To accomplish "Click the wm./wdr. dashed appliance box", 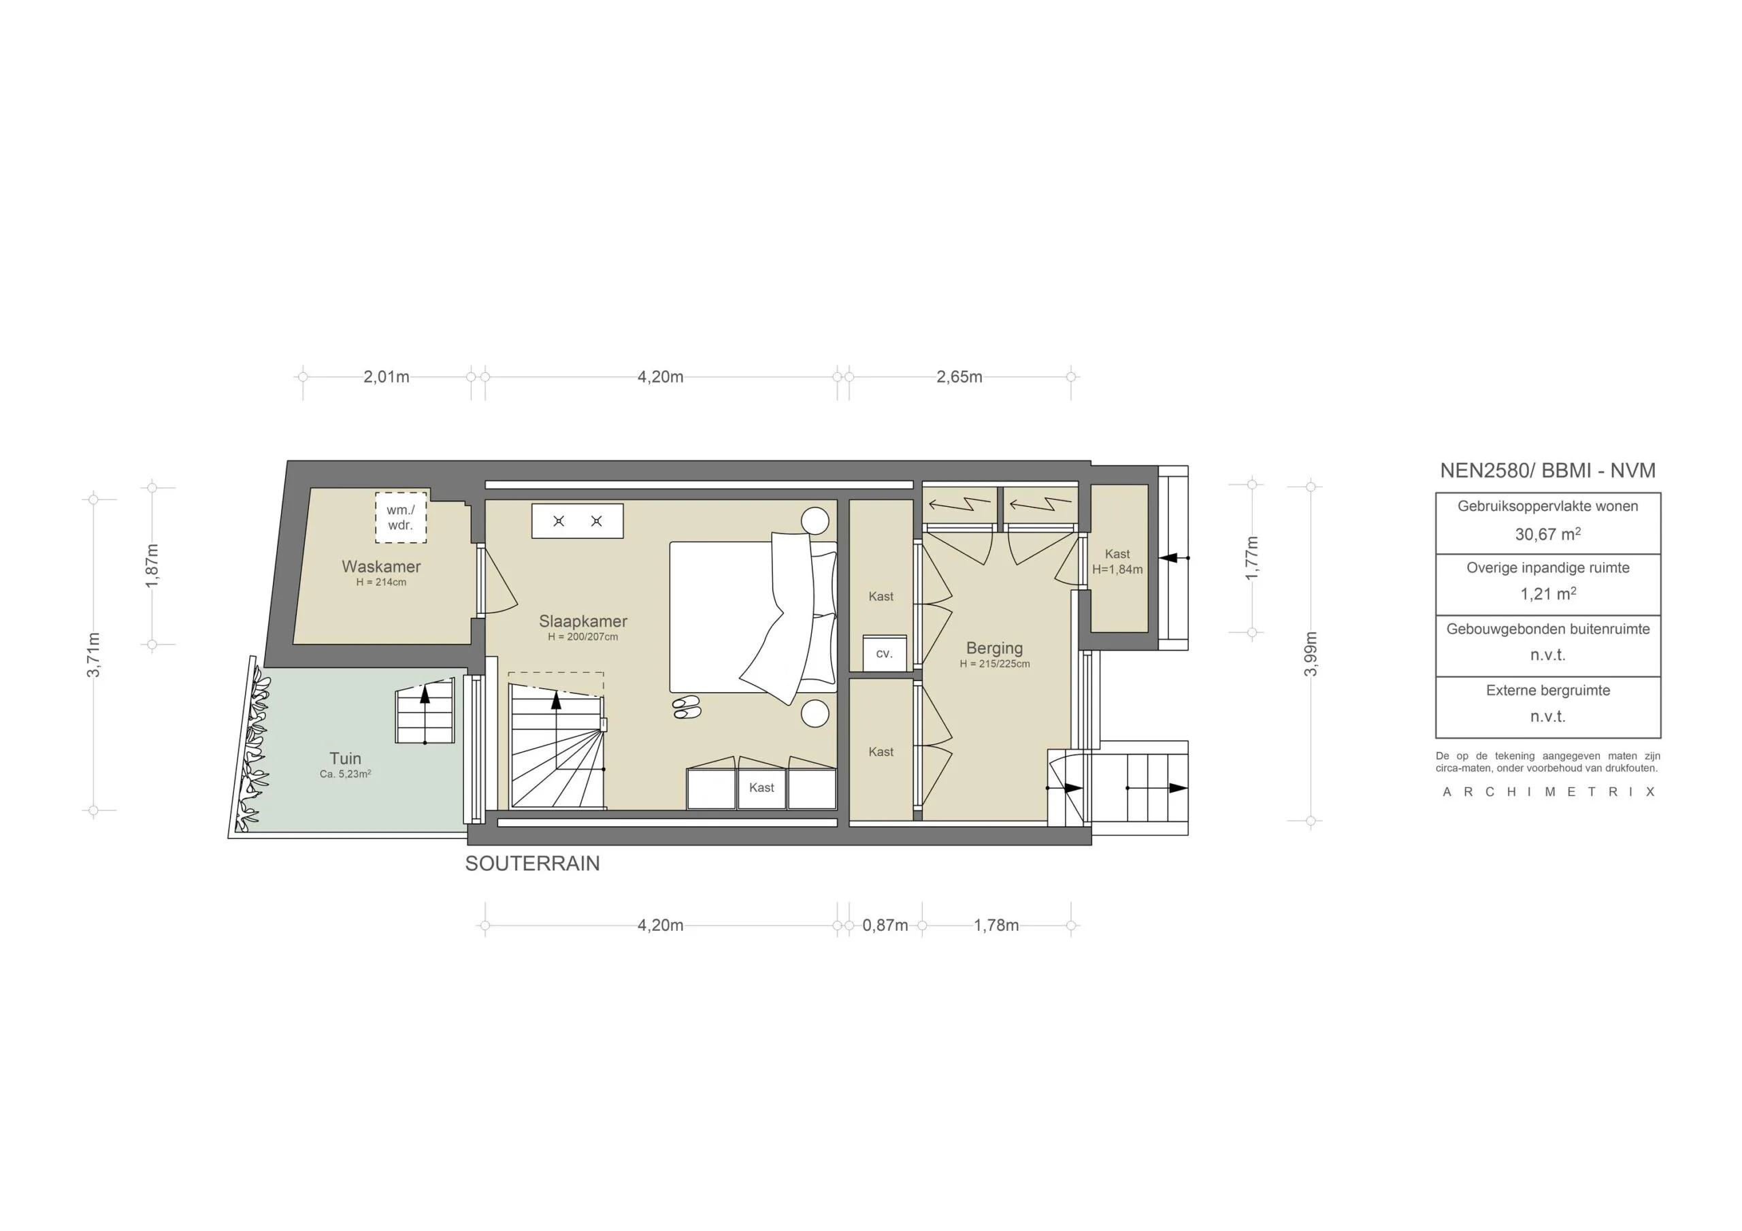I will click(x=401, y=518).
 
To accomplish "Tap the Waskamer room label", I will click(x=381, y=567).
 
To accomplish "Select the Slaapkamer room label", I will click(x=582, y=621).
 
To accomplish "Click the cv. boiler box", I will click(x=885, y=653).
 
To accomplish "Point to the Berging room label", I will click(x=994, y=648).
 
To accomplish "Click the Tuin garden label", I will click(x=345, y=758).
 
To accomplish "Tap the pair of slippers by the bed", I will click(x=686, y=706).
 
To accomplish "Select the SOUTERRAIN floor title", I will click(x=532, y=864).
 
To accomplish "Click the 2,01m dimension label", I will click(x=387, y=376).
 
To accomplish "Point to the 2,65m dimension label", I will click(x=959, y=376).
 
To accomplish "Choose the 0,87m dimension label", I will click(x=885, y=925).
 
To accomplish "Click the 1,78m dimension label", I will click(x=996, y=925).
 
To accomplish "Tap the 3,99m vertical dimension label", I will click(x=1311, y=653).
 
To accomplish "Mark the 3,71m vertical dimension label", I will click(x=93, y=653).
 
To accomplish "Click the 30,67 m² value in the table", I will click(x=1548, y=534).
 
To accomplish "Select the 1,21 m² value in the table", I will click(x=1548, y=594).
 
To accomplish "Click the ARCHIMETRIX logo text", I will click(x=1548, y=791).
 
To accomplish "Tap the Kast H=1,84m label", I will click(x=1117, y=561).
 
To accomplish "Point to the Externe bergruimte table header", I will click(x=1548, y=691).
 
